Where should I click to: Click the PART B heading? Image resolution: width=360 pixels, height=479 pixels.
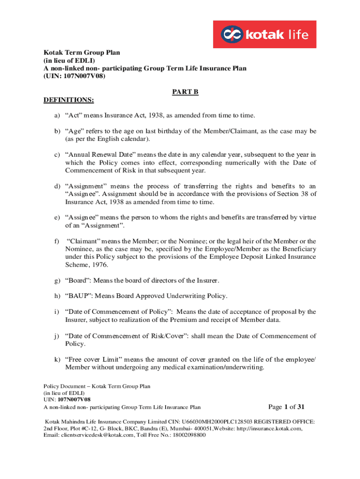pyautogui.click(x=186, y=92)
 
